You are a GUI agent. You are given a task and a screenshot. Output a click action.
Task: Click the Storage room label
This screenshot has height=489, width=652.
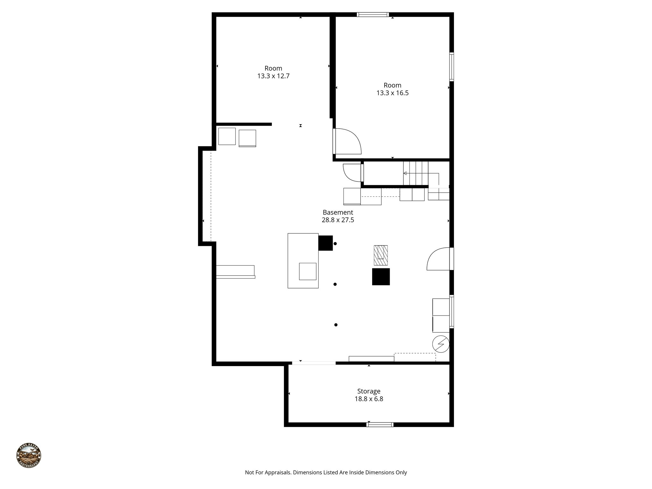point(369,391)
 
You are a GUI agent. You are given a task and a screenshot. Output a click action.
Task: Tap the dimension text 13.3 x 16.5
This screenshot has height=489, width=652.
point(392,93)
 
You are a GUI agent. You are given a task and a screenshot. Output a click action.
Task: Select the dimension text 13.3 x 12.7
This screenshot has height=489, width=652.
point(273,76)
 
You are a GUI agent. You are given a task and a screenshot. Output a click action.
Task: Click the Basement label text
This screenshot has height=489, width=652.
point(338,212)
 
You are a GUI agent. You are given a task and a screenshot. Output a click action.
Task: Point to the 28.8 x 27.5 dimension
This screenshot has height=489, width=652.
point(338,220)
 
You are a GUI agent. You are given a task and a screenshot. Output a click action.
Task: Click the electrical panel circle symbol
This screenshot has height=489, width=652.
point(441,344)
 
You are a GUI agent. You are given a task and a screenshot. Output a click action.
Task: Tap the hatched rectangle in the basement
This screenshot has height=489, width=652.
point(381,255)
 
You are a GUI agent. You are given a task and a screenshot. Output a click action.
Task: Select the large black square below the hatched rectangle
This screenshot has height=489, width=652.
point(381,277)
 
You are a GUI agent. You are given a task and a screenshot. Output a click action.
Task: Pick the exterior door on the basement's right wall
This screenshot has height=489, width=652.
point(439,259)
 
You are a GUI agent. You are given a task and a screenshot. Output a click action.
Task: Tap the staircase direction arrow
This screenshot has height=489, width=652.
point(405,174)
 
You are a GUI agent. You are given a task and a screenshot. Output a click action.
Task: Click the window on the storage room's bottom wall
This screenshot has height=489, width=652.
point(380,424)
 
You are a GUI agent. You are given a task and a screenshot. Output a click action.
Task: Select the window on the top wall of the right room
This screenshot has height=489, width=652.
point(372,14)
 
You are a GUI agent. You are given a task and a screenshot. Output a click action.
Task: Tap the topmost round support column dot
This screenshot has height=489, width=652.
point(335,244)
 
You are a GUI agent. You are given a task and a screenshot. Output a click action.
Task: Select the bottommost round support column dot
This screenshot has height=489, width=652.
point(336,325)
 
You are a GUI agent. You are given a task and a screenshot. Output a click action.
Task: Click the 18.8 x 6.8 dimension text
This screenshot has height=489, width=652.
point(369,399)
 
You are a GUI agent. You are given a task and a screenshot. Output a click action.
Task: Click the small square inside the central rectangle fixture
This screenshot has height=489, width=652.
point(308,271)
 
